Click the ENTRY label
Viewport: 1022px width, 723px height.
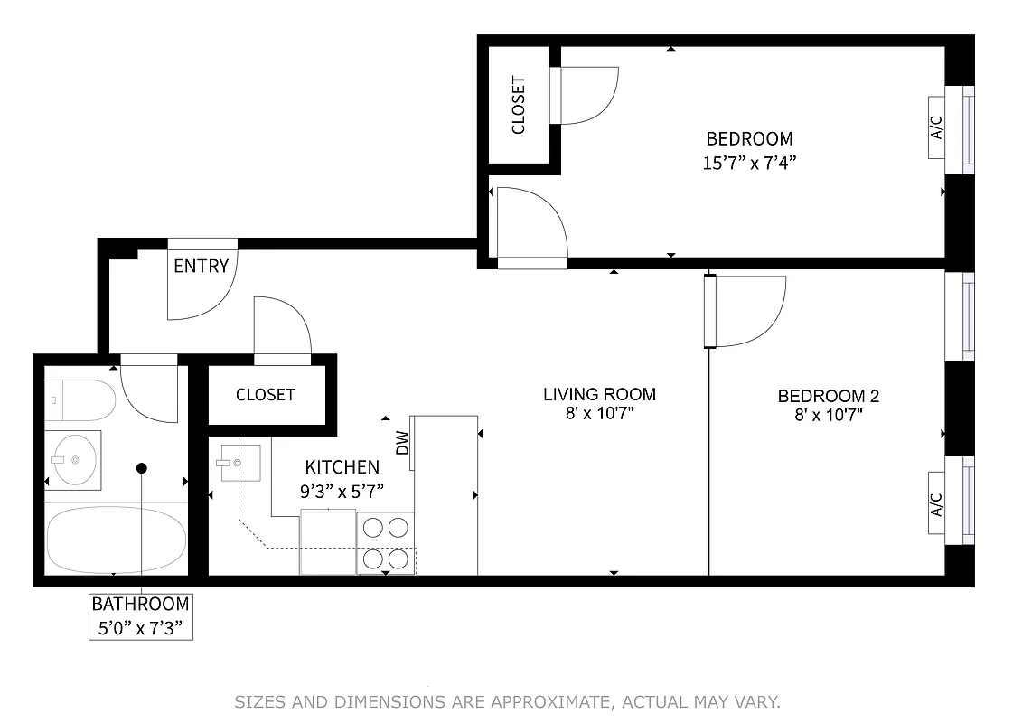click(x=201, y=267)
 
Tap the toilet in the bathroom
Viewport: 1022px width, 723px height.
click(x=80, y=399)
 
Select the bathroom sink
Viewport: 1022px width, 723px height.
click(x=73, y=460)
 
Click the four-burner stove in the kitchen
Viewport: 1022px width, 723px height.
click(x=386, y=542)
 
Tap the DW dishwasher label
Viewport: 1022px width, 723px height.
click(x=403, y=443)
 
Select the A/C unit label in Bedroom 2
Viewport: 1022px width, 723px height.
click(x=936, y=504)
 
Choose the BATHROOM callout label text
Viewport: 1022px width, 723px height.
click(x=141, y=604)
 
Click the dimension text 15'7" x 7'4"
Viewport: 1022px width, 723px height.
click(x=749, y=163)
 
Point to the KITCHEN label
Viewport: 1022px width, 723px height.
click(x=342, y=467)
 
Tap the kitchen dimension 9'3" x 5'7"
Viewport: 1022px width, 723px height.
click(x=342, y=492)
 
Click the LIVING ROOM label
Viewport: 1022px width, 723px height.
click(x=599, y=394)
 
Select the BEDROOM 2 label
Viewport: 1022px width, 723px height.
click(x=828, y=396)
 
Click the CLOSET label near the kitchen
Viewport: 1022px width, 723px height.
click(x=265, y=395)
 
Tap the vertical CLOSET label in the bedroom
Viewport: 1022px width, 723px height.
click(x=519, y=105)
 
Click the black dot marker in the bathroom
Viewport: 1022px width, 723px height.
click(x=142, y=468)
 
